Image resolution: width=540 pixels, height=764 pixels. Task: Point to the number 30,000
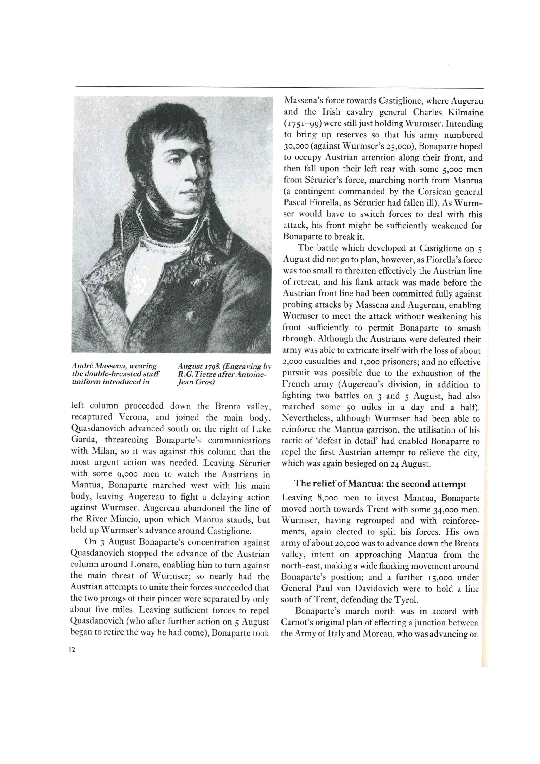[x=296, y=146]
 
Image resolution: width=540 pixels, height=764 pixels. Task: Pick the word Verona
[x=134, y=417]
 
